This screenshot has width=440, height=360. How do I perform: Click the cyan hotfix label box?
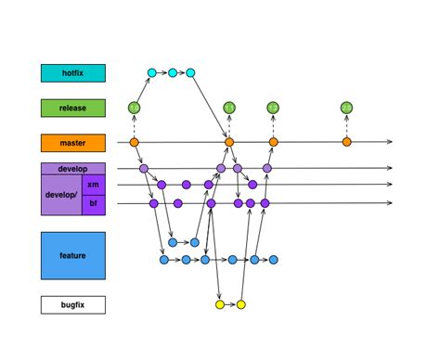point(72,72)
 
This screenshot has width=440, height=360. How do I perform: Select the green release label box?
point(72,108)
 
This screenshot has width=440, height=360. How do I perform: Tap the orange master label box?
point(72,143)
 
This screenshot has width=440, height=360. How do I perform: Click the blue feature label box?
point(72,255)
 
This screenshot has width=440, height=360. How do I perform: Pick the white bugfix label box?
point(72,304)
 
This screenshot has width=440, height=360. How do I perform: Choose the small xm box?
point(94,186)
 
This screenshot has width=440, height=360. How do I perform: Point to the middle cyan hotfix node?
point(173,72)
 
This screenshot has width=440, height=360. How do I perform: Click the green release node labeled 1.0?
point(135,108)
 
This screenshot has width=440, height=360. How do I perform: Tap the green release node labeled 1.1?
point(229,108)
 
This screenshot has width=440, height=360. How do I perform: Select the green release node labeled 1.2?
point(273,108)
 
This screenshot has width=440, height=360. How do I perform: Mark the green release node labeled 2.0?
point(346,108)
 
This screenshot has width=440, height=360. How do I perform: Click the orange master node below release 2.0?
point(346,142)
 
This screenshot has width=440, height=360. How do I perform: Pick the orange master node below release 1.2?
point(273,142)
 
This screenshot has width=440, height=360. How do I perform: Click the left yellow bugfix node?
point(220,304)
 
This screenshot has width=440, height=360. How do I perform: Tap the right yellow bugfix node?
point(240,304)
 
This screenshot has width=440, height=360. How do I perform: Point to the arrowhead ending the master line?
point(390,142)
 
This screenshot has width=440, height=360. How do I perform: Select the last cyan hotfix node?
point(190,72)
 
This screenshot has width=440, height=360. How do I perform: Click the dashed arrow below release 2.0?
point(346,126)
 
